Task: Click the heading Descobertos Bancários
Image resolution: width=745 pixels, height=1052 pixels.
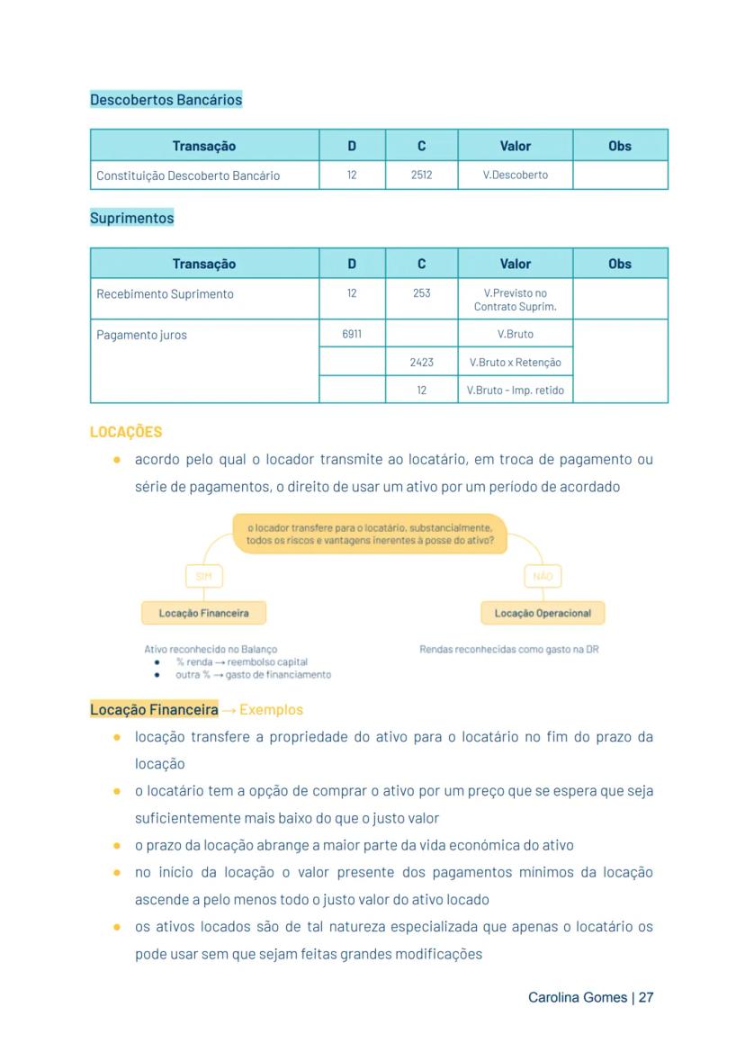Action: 166,100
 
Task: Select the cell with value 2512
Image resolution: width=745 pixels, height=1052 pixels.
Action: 421,175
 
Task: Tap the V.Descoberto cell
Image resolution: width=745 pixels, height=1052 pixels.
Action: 515,175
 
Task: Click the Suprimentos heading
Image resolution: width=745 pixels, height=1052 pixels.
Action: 131,218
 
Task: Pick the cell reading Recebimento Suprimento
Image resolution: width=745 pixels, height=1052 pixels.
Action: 165,294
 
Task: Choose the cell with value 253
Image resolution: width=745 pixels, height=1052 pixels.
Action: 421,293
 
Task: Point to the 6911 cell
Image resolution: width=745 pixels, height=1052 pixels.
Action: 352,334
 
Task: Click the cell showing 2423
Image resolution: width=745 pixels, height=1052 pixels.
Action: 421,362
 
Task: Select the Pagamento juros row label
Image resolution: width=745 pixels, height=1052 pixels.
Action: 141,335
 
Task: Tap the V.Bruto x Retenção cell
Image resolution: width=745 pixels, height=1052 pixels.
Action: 515,362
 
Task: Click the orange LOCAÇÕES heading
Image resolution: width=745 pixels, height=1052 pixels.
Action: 126,432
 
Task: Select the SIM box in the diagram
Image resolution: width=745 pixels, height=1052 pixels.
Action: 203,576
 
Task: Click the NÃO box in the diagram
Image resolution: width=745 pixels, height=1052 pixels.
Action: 543,576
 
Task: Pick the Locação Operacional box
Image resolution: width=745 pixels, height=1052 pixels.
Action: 543,613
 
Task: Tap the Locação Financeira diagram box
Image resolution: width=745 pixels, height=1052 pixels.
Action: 203,613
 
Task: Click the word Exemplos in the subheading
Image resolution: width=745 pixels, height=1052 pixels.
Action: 271,710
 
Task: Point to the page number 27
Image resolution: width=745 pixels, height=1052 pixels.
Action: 645,998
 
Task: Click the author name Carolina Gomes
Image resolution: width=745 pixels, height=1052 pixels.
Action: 578,998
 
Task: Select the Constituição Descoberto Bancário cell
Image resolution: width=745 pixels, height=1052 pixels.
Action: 188,175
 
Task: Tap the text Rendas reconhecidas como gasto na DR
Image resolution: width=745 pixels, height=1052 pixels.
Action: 508,649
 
